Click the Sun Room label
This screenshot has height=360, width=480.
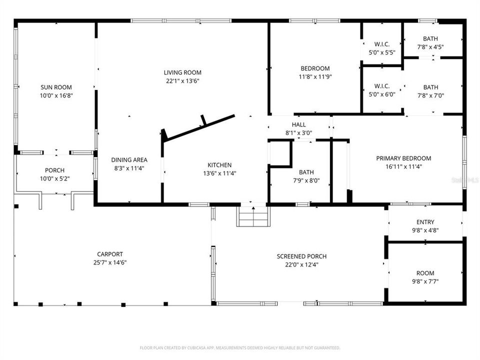point(56,87)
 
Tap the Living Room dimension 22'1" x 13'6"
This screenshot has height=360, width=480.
point(183,81)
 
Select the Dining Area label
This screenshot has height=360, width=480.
point(128,160)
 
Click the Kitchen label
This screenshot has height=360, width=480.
point(219,165)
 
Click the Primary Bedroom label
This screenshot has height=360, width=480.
point(403,158)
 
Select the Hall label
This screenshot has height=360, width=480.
point(298,124)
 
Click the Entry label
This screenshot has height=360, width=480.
point(425,222)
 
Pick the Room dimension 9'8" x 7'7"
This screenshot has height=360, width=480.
point(425,281)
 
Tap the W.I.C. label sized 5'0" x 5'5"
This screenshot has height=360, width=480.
point(382,44)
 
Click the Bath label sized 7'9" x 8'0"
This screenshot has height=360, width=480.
point(306,172)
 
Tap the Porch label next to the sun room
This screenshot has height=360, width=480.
point(54,170)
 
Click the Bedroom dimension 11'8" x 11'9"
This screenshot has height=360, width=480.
point(315,77)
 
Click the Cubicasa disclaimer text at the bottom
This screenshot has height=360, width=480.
point(240,347)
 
